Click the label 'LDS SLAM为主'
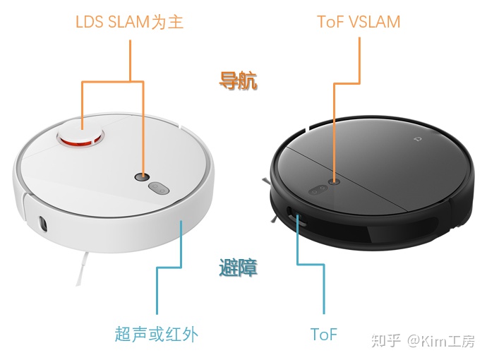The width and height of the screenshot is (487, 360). click(x=129, y=22)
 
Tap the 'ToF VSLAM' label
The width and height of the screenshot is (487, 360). click(x=359, y=22)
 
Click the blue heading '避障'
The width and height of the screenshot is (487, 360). click(x=238, y=268)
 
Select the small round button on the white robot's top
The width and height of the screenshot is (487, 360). click(x=143, y=176)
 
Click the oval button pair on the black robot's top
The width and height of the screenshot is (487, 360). click(x=315, y=188)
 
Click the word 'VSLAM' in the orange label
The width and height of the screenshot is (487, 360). click(x=374, y=22)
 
